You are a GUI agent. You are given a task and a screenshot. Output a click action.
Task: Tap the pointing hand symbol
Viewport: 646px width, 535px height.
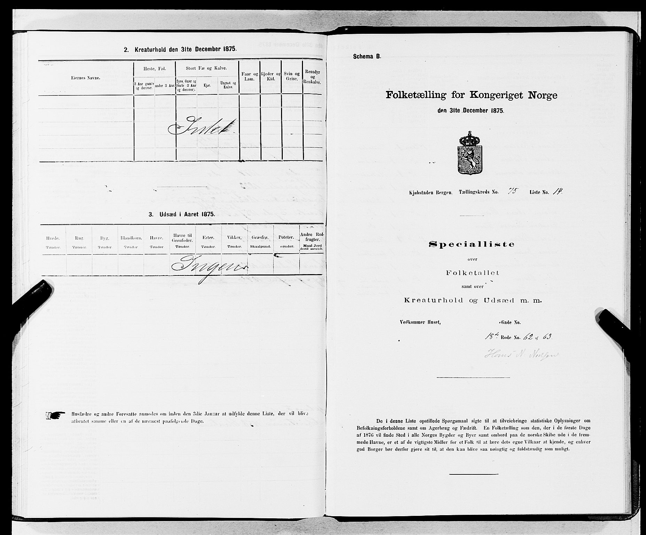(55, 415)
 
